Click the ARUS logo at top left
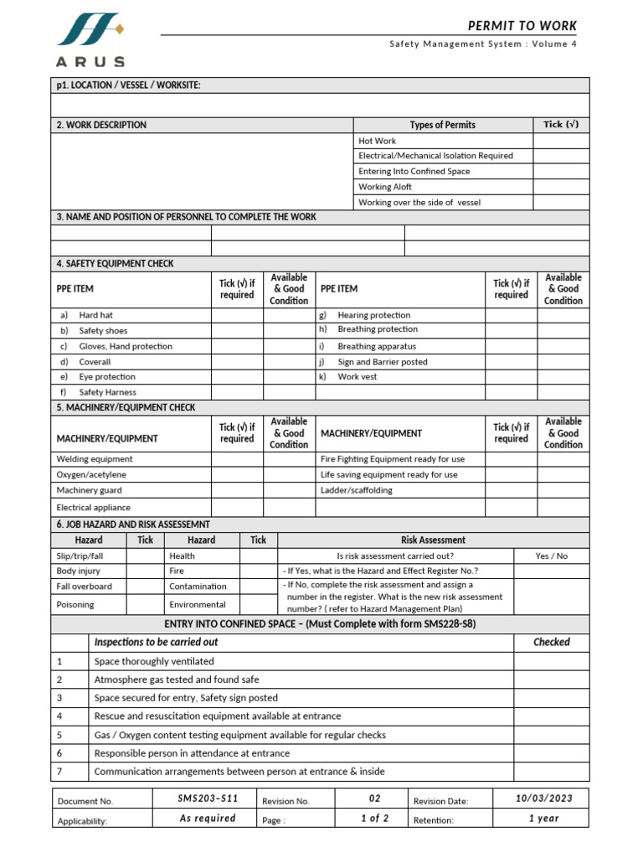pos(90,40)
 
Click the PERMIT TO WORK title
pos(522,26)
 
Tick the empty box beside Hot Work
pos(561,141)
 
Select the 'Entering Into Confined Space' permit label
pos(414,171)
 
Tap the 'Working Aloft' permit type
pos(385,187)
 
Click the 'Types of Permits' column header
pos(442,125)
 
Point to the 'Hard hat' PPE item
pos(95,315)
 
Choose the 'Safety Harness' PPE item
pos(107,392)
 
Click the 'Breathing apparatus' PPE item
pos(376,346)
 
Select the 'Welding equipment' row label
pos(94,459)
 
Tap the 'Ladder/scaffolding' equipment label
pos(356,490)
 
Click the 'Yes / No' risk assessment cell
pos(551,556)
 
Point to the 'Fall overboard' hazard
pos(84,587)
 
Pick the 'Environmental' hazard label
pos(198,604)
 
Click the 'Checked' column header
pos(551,642)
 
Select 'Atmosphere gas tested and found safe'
pos(177,680)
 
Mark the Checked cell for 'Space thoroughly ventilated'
pos(551,661)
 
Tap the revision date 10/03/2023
pos(543,799)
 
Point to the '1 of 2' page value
pos(374,819)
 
